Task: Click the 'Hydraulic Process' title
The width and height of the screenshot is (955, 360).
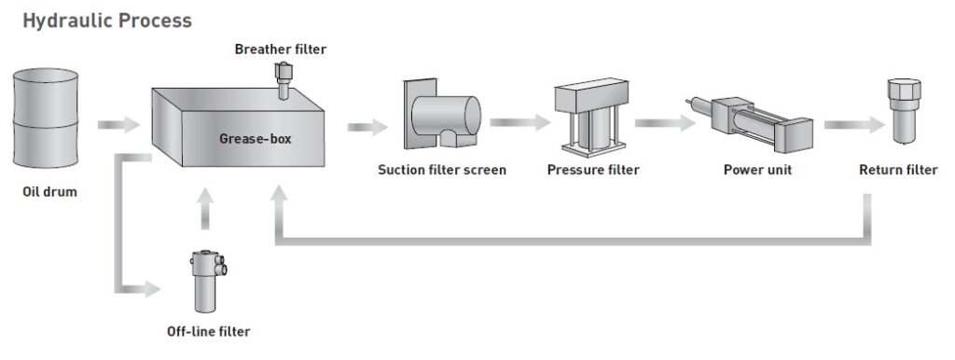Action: [x=107, y=20]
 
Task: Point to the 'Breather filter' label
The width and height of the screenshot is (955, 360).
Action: [x=281, y=48]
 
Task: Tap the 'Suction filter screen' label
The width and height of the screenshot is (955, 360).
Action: [x=442, y=170]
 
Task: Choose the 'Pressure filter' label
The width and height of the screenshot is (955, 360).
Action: [x=593, y=170]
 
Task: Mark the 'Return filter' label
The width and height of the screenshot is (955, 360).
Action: [x=898, y=170]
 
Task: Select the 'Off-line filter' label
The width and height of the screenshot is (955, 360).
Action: [x=208, y=331]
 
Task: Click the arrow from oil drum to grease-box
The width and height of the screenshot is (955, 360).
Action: [x=117, y=124]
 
